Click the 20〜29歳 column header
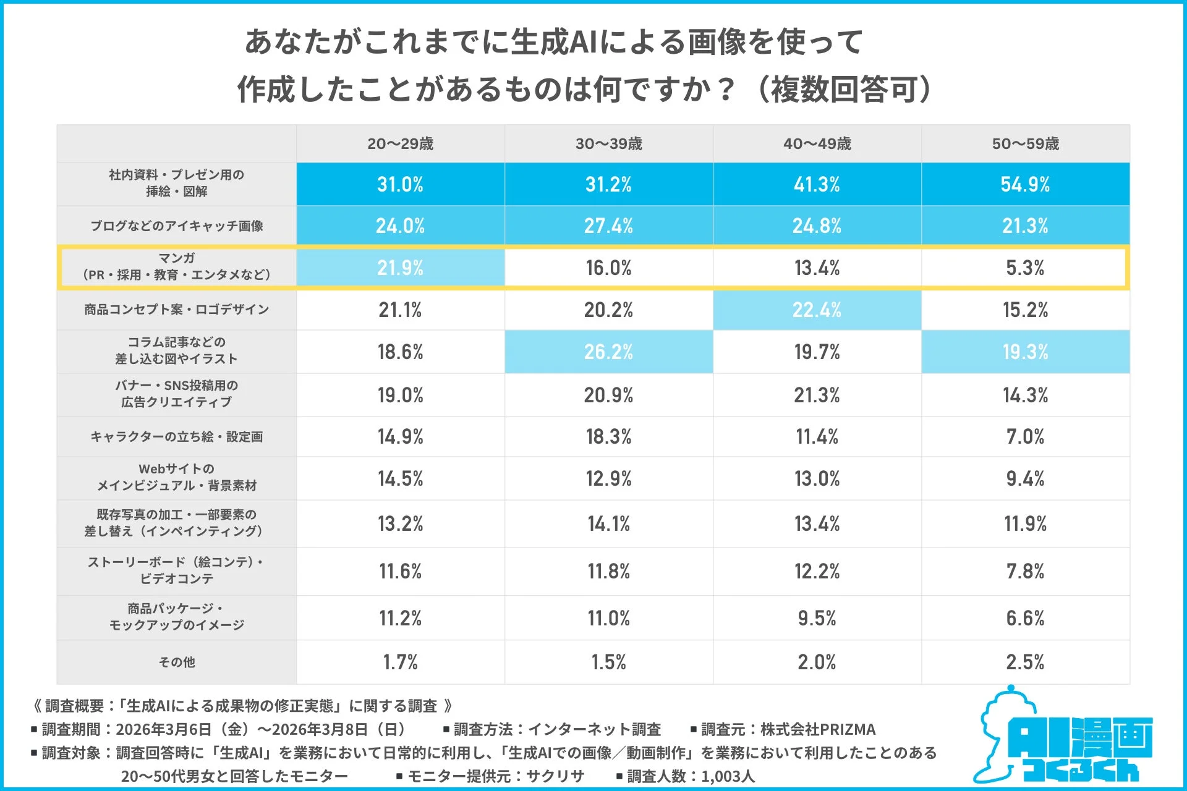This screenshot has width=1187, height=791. pyautogui.click(x=400, y=144)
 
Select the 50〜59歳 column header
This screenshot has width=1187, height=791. pyautogui.click(x=1025, y=144)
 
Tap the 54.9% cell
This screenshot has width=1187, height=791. pyautogui.click(x=1025, y=184)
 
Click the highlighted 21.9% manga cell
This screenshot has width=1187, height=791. pyautogui.click(x=400, y=268)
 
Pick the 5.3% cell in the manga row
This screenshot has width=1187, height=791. pyautogui.click(x=1025, y=268)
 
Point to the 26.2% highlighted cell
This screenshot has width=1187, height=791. pyautogui.click(x=608, y=352)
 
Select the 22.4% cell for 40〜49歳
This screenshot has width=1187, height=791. pyautogui.click(x=817, y=310)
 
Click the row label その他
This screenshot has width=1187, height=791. pyautogui.click(x=177, y=662)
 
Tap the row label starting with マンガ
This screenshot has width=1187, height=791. pyautogui.click(x=177, y=266)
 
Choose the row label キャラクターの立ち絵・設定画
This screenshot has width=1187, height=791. pyautogui.click(x=177, y=436)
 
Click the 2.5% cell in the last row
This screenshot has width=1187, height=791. pyautogui.click(x=1025, y=662)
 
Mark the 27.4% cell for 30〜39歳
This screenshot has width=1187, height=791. pyautogui.click(x=608, y=226)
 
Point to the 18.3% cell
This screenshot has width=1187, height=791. pyautogui.click(x=608, y=436)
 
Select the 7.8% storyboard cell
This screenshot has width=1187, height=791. pyautogui.click(x=1025, y=571)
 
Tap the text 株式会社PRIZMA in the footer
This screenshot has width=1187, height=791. pyautogui.click(x=817, y=729)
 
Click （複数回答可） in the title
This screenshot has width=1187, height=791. pyautogui.click(x=843, y=90)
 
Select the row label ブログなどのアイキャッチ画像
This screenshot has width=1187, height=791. pyautogui.click(x=177, y=226)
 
